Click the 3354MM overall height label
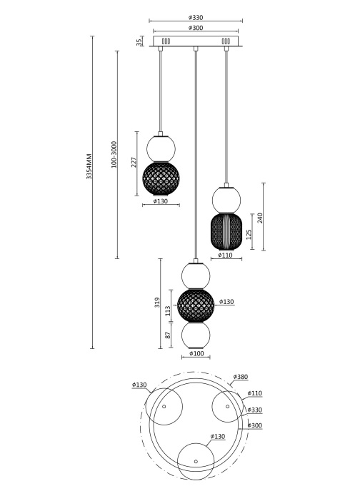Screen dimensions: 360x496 tap(89, 166)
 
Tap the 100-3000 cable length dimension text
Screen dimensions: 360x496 tap(114, 155)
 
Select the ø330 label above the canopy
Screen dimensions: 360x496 tap(196, 18)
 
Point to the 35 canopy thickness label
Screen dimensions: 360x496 tap(139, 41)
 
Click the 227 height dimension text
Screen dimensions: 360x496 tap(134, 163)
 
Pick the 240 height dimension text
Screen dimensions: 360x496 tap(260, 218)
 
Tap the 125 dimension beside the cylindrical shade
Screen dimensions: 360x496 tap(249, 234)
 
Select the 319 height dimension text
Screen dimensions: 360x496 tap(157, 303)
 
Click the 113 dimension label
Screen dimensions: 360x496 tap(168, 311)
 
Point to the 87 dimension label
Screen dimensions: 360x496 tap(168, 335)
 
